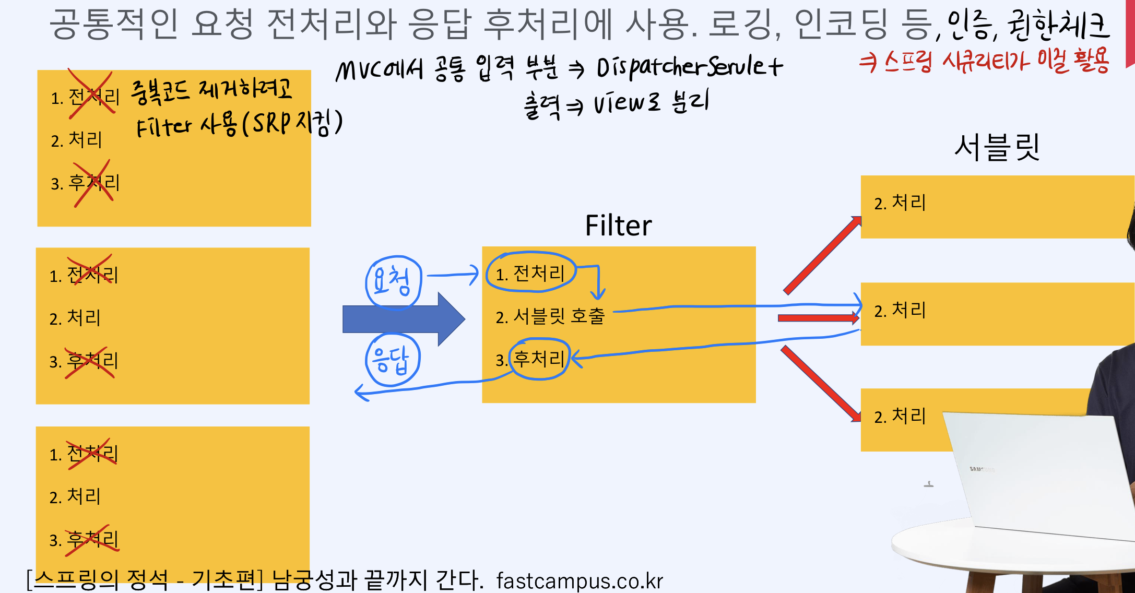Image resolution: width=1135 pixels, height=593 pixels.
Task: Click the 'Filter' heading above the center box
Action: pyautogui.click(x=618, y=226)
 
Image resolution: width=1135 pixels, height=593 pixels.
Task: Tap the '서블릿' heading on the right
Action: pyautogui.click(x=996, y=147)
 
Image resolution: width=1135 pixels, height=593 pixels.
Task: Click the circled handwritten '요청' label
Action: pyautogui.click(x=393, y=281)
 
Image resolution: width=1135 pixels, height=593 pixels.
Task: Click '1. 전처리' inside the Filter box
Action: pyautogui.click(x=530, y=273)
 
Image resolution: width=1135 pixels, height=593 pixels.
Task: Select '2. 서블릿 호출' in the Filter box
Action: pyautogui.click(x=550, y=316)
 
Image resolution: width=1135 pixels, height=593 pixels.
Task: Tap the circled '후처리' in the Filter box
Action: pyautogui.click(x=539, y=359)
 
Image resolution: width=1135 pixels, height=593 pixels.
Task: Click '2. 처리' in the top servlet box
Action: pyautogui.click(x=900, y=203)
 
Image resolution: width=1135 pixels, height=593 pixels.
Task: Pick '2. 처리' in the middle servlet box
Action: pyautogui.click(x=900, y=310)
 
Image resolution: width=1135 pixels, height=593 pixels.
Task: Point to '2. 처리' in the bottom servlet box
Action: pyautogui.click(x=900, y=416)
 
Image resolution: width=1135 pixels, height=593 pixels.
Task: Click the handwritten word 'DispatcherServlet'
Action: pyautogui.click(x=689, y=68)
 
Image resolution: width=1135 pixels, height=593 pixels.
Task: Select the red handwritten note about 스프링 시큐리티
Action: pyautogui.click(x=984, y=62)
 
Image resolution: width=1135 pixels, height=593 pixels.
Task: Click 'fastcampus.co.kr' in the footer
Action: pyautogui.click(x=580, y=580)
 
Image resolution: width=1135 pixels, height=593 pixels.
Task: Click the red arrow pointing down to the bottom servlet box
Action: pyautogui.click(x=821, y=384)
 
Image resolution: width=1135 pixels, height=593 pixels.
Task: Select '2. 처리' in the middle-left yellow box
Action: pyautogui.click(x=75, y=317)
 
